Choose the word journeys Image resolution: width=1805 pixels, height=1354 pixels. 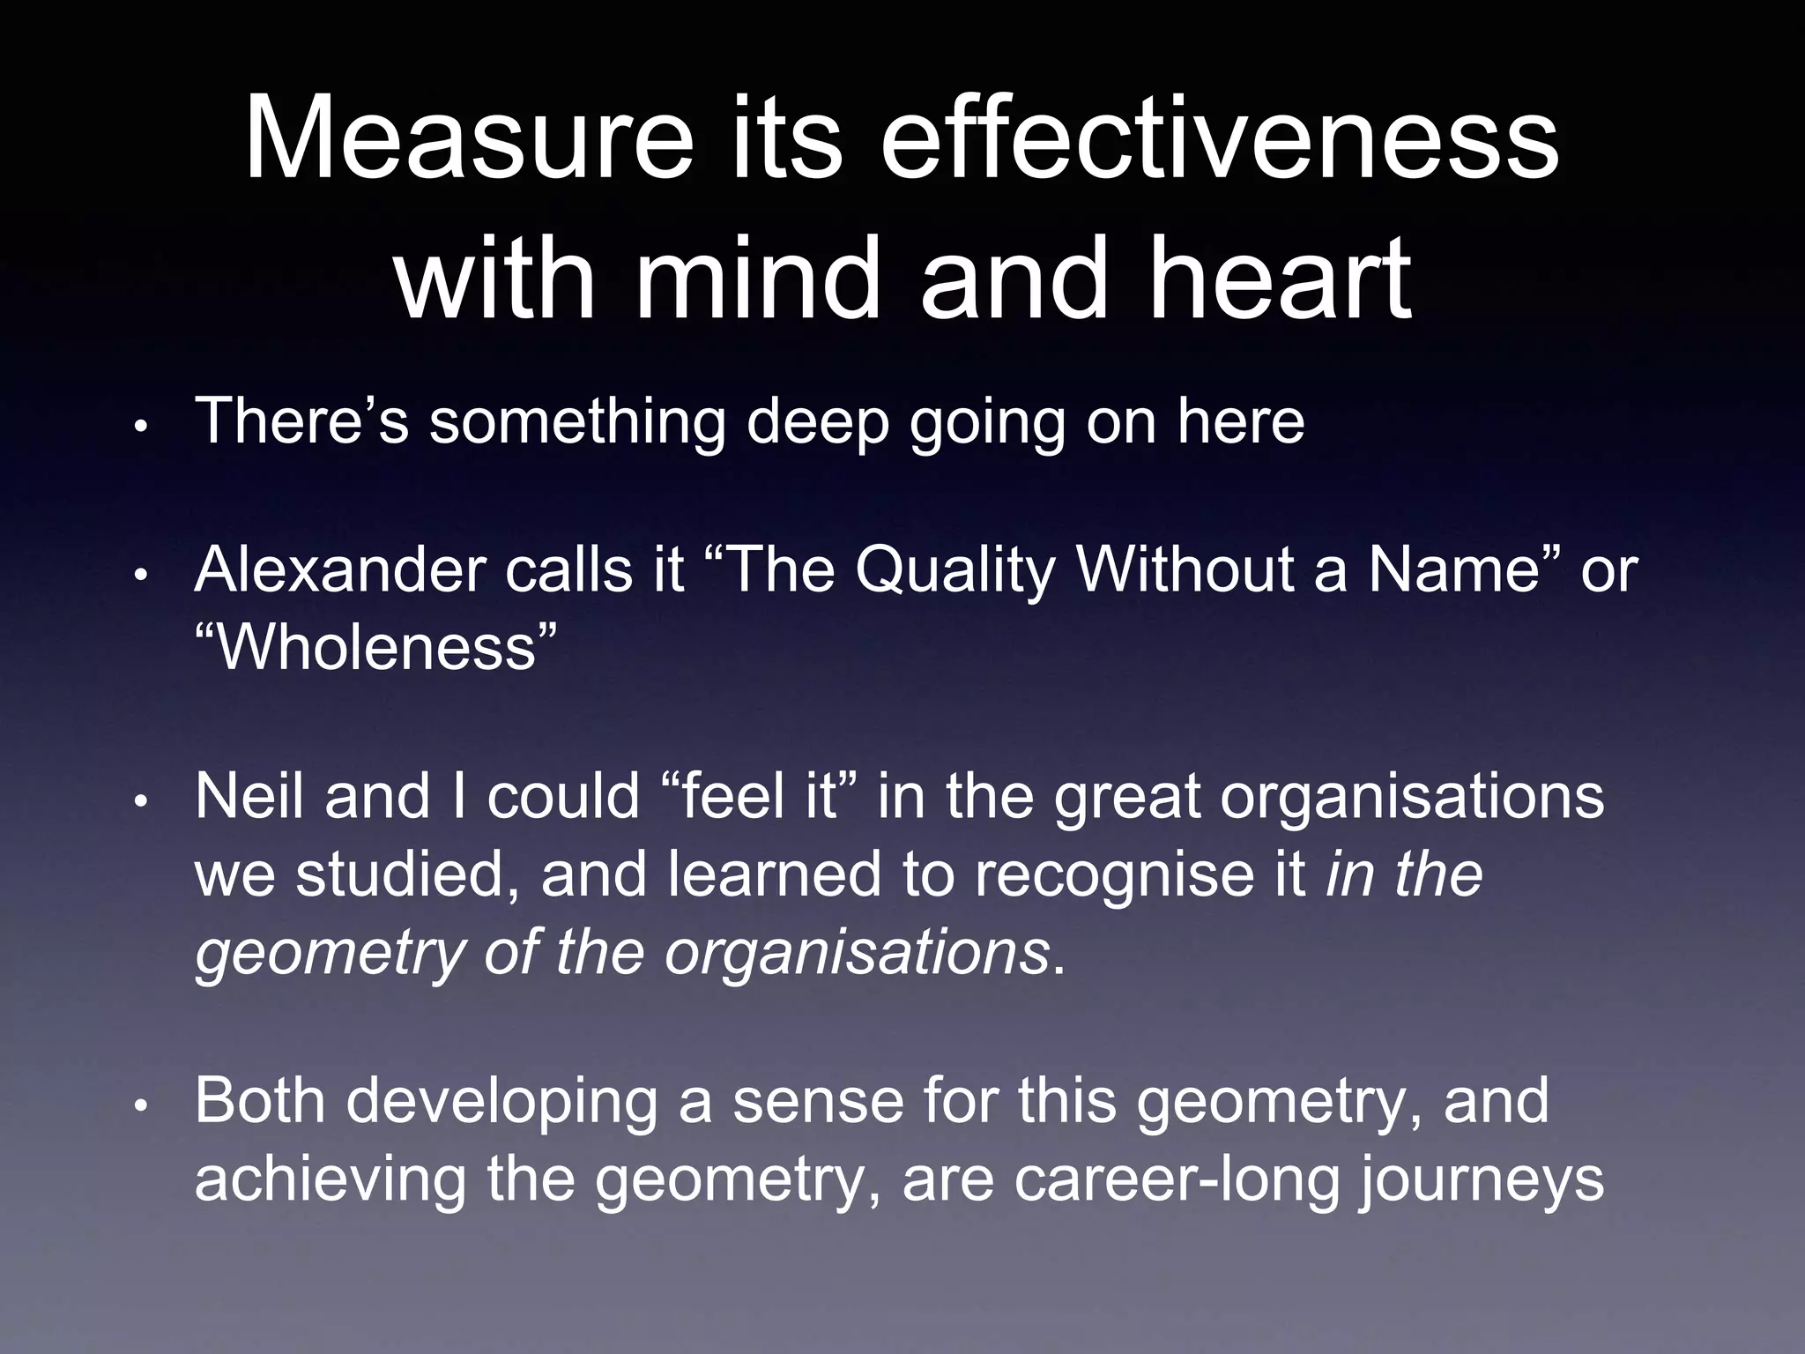click(1481, 1179)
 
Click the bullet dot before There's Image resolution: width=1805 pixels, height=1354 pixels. click(141, 428)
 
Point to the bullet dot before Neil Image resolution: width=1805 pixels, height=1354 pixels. click(141, 801)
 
